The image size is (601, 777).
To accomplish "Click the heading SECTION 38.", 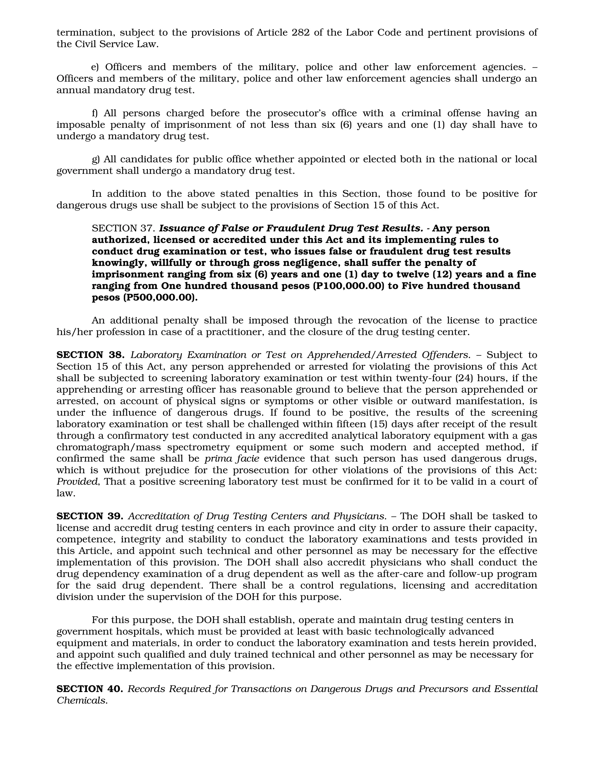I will coord(90,355).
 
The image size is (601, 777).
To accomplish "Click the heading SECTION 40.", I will coord(90,689).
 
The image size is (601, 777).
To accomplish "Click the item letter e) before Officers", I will coord(95,67).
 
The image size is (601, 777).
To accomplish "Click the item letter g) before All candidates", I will coord(96,160).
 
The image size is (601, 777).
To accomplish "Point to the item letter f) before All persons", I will coord(94,113).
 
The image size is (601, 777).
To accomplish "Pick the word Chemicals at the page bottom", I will coord(82,700).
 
